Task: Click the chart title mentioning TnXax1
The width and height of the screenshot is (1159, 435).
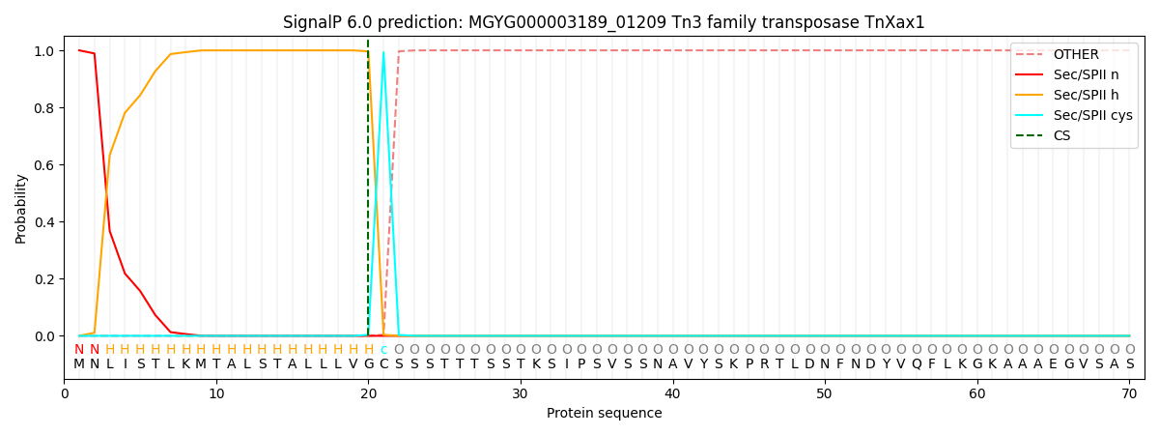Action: [x=604, y=22]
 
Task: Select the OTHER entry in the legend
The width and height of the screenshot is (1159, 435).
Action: [x=1075, y=54]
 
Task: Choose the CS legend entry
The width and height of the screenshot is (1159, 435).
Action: [x=1061, y=135]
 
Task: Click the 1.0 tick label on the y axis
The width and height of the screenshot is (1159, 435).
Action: [x=46, y=50]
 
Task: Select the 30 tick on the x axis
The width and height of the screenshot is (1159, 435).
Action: [x=521, y=393]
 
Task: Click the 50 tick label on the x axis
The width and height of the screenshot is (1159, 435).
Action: [x=824, y=393]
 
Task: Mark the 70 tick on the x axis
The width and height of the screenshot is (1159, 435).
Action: [x=1129, y=393]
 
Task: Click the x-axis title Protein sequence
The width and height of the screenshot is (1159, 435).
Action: [x=604, y=414]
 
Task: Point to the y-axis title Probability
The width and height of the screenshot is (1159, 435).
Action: [x=20, y=208]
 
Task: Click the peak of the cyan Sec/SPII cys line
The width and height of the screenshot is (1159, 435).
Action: [x=383, y=52]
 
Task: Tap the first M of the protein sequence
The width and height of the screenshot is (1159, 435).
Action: [x=79, y=364]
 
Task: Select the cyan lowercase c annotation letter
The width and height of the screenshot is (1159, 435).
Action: [x=383, y=350]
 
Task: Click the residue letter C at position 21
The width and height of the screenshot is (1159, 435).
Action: [x=383, y=364]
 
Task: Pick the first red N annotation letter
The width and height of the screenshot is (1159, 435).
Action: [x=79, y=350]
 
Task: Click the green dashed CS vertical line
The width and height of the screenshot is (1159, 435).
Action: [x=368, y=193]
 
